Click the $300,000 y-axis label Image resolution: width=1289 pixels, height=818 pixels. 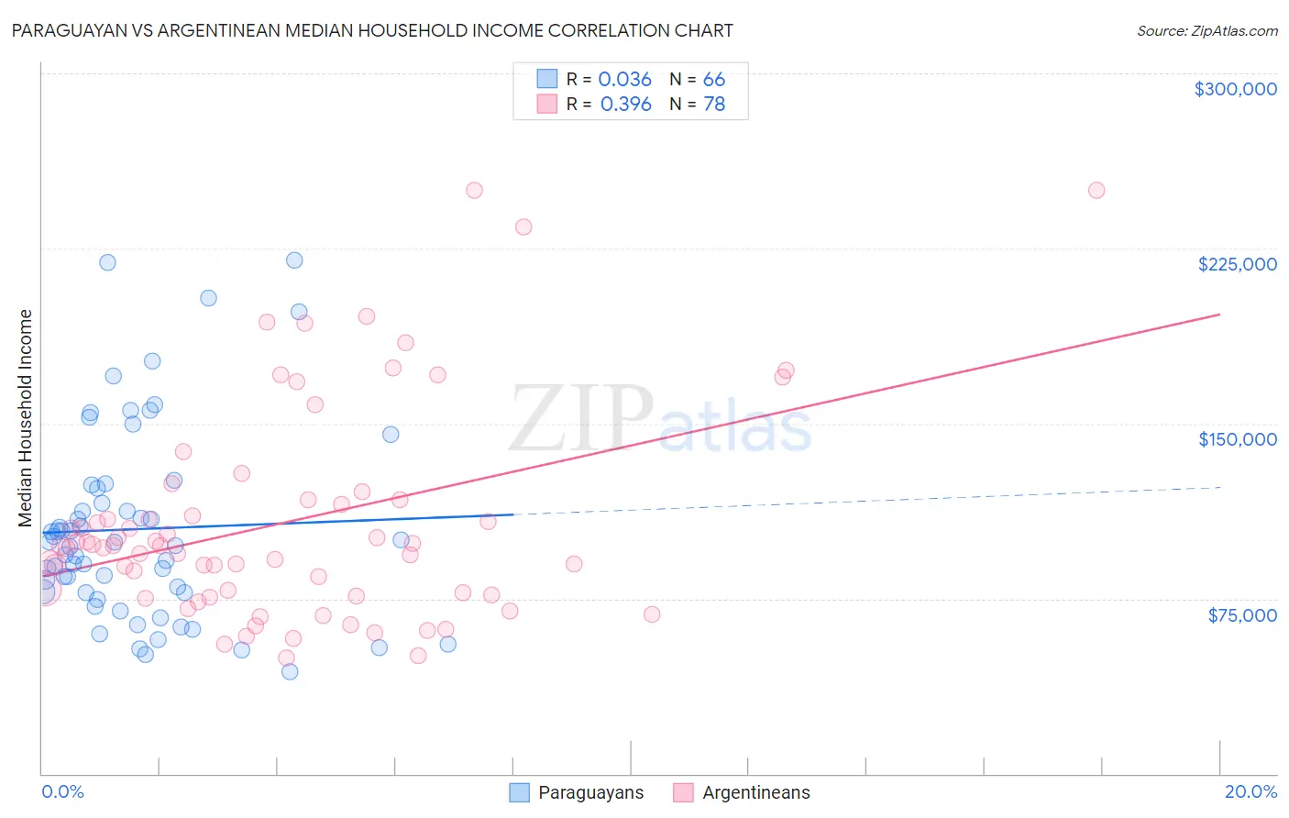1235,89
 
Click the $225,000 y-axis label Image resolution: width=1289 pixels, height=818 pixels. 1237,264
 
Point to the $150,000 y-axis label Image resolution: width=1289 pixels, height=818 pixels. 1237,439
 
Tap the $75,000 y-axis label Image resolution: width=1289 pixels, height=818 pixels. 1242,614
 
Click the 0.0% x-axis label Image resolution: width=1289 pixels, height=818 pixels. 62,791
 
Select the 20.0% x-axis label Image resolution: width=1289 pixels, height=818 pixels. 1250,791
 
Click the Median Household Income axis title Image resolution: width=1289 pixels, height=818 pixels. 26,418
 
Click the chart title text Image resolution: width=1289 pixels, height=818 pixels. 372,30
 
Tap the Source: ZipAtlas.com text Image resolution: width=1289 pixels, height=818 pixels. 1206,31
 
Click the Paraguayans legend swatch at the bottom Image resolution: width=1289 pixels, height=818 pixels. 520,792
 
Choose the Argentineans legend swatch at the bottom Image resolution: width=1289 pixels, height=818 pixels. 683,792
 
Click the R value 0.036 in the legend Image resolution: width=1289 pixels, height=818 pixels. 624,80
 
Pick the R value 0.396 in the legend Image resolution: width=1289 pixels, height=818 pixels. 625,105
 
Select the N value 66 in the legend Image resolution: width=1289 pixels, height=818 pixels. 714,80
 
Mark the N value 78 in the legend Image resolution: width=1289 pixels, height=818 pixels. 714,105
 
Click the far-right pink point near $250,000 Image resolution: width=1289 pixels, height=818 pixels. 1096,191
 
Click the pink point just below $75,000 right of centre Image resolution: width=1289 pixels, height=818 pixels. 652,614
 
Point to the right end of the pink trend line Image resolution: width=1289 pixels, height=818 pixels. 1219,315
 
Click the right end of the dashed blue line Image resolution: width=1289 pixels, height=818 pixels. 1219,488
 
